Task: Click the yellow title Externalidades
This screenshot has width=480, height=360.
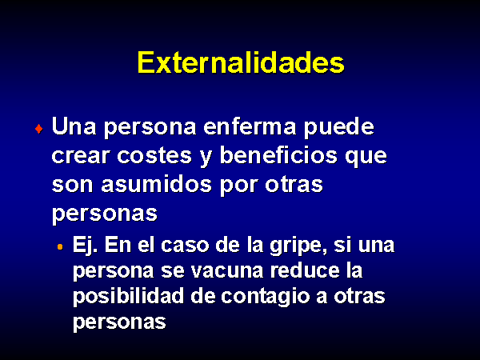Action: pos(241,62)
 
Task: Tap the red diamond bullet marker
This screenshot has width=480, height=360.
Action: pos(39,129)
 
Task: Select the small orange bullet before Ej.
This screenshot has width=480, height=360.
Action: pos(60,246)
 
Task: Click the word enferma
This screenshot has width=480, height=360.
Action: pos(250,126)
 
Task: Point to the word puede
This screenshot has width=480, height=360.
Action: pos(339,128)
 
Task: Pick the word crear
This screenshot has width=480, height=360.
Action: pos(81,156)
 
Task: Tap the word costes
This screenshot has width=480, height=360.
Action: pos(154,156)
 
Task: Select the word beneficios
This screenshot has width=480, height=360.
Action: pos(278,155)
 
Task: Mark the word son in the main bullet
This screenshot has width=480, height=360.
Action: pos(72,186)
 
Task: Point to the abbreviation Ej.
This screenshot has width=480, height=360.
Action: pos(85,246)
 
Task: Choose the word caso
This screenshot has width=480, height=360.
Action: pos(185,246)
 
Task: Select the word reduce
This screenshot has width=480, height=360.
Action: pos(305,270)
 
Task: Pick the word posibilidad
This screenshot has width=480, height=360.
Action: pos(128,297)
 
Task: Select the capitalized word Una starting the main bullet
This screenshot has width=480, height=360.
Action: pos(74,126)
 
